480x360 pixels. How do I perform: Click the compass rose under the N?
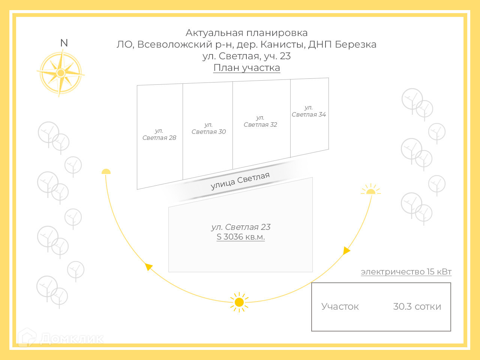pyautogui.click(x=61, y=73)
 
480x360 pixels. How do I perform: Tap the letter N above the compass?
pyautogui.click(x=64, y=43)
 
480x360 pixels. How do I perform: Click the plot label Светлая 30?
pyautogui.click(x=209, y=128)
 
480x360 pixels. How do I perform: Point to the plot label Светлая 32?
pyautogui.click(x=260, y=121)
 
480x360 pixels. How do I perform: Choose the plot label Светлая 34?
pyautogui.click(x=309, y=111)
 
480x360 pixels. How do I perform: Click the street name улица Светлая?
pyautogui.click(x=240, y=181)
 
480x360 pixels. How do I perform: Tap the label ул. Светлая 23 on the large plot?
pyautogui.click(x=241, y=227)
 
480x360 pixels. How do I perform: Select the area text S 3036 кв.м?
pyautogui.click(x=241, y=237)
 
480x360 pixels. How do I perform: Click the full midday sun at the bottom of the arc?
pyautogui.click(x=239, y=302)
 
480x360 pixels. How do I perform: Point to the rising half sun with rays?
pyautogui.click(x=370, y=190)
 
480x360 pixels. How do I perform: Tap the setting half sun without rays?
pyautogui.click(x=106, y=172)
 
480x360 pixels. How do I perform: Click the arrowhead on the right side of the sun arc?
pyautogui.click(x=346, y=250)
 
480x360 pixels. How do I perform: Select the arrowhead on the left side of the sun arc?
pyautogui.click(x=149, y=267)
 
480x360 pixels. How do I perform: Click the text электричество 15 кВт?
pyautogui.click(x=406, y=272)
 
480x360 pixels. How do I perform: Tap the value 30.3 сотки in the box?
pyautogui.click(x=417, y=307)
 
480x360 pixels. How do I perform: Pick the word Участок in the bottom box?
pyautogui.click(x=340, y=307)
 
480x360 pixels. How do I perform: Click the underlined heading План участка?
pyautogui.click(x=247, y=68)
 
